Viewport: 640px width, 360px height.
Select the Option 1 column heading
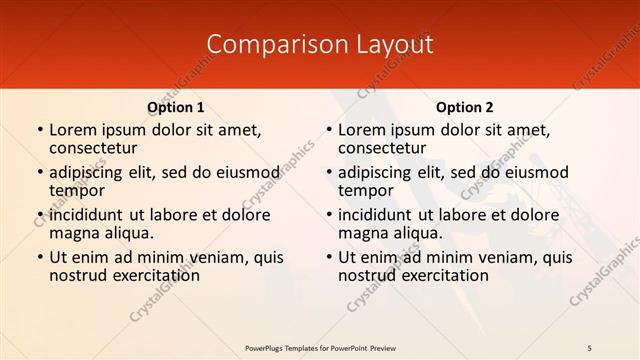175,107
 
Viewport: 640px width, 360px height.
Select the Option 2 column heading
464,107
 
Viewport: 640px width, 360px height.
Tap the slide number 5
590,347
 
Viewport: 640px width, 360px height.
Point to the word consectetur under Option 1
91,148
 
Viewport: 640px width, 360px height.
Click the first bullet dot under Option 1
40,131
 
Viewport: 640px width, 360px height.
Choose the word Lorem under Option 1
73,130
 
